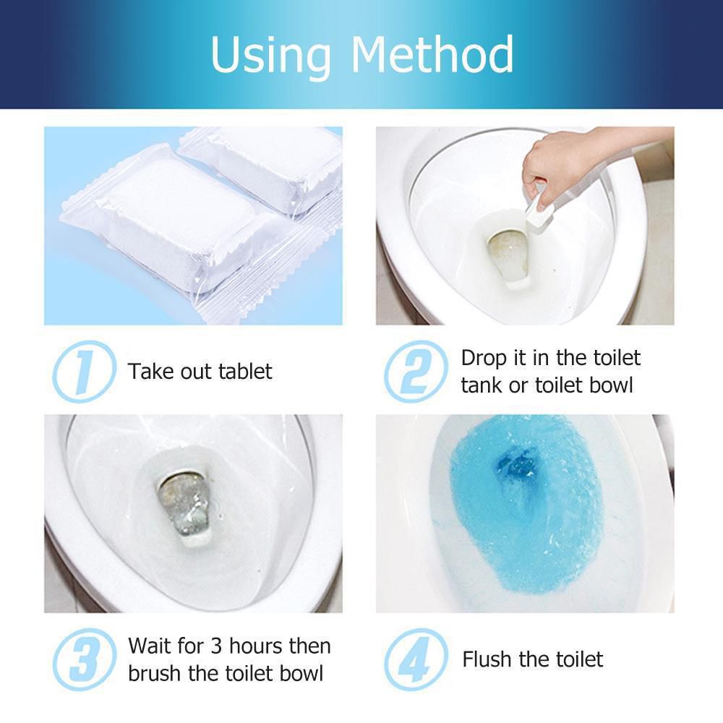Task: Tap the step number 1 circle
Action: [84, 371]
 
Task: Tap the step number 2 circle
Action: [416, 371]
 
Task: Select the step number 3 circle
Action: [84, 659]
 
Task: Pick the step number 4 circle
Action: [416, 659]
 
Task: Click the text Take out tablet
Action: [200, 372]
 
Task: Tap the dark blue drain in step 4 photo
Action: [516, 467]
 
